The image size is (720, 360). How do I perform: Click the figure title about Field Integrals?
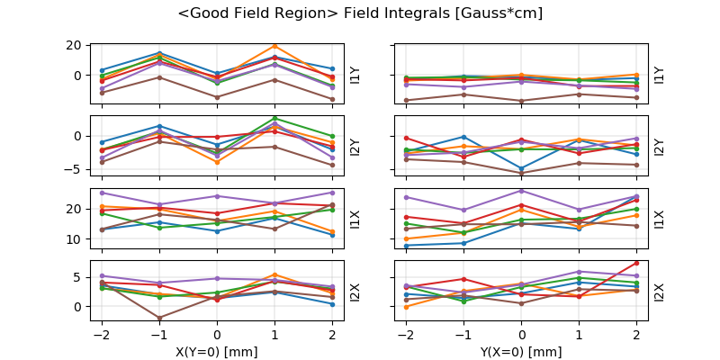click(x=360, y=13)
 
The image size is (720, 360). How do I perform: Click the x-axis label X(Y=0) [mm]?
click(x=217, y=352)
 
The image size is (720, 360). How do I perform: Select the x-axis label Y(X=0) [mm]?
click(x=522, y=352)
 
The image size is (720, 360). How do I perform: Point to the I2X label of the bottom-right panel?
click(x=660, y=292)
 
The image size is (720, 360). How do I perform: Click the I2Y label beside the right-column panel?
click(x=660, y=147)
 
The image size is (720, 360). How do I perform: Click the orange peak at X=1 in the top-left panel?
click(x=274, y=46)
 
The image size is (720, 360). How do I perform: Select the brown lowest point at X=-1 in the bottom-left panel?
click(x=159, y=318)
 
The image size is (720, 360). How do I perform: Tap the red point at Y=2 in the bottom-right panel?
click(x=636, y=263)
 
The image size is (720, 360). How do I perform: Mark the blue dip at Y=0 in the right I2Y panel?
click(x=522, y=168)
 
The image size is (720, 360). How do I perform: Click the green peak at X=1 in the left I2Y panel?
click(x=274, y=118)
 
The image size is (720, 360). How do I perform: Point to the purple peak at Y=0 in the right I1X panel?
click(x=522, y=190)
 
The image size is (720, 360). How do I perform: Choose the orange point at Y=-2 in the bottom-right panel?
click(x=407, y=307)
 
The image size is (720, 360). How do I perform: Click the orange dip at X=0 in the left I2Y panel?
click(x=217, y=162)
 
